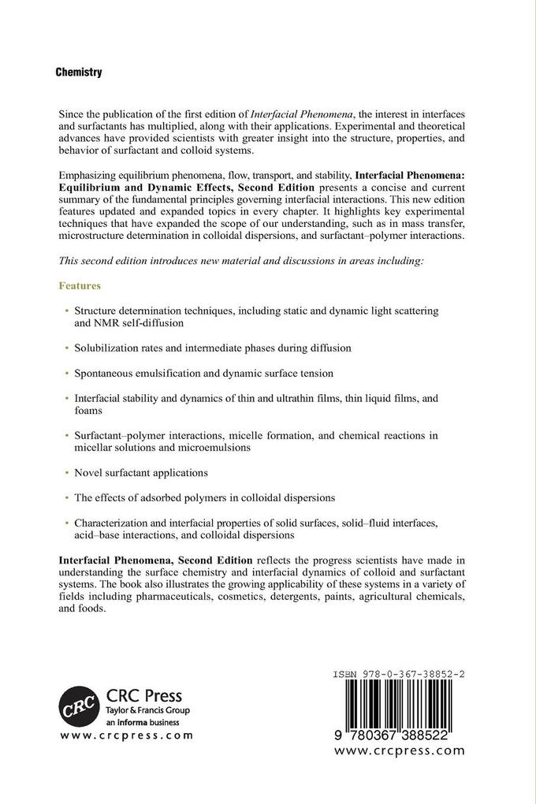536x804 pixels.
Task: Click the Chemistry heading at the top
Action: coord(79,72)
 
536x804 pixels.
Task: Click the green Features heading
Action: coord(80,285)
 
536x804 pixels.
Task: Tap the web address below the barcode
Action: coord(399,750)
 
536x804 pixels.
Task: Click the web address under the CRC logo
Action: coord(126,735)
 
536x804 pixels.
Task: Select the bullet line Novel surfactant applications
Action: coord(140,472)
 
